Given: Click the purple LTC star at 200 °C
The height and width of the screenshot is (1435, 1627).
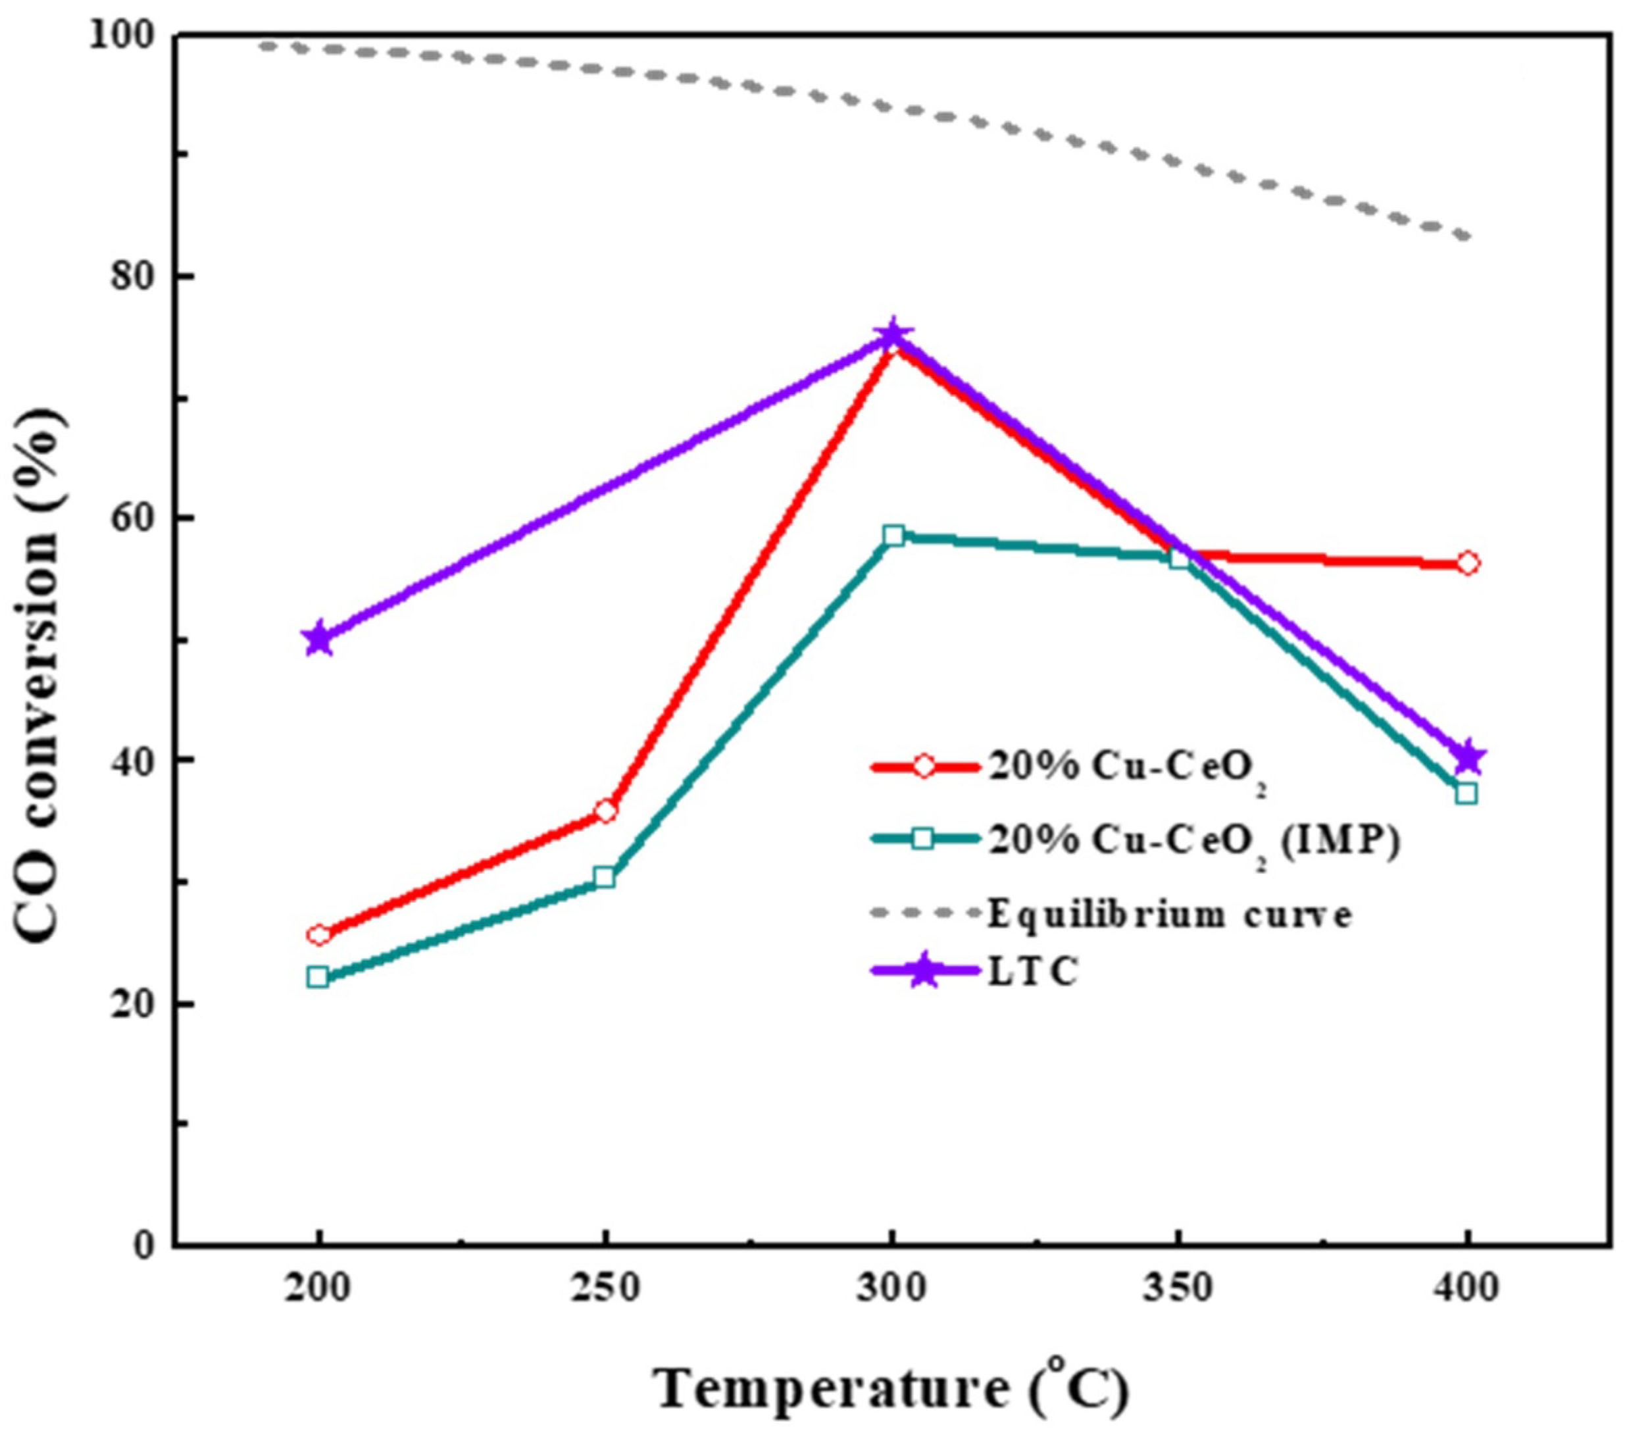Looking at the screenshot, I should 318,638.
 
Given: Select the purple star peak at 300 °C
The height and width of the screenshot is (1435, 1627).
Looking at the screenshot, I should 893,336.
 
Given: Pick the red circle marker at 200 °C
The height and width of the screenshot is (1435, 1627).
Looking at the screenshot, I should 319,934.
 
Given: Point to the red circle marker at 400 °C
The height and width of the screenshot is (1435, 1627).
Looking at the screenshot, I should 1468,563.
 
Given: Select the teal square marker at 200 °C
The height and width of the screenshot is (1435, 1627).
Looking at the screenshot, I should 318,976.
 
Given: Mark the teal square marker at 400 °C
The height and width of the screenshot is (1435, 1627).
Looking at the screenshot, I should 1466,793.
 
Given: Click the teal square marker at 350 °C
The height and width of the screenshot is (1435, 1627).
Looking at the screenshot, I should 1180,559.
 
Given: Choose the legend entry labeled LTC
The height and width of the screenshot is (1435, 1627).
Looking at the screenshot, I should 1033,972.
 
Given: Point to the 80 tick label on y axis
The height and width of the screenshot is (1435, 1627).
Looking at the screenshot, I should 130,277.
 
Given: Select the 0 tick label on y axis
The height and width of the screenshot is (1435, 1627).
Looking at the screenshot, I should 144,1246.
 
